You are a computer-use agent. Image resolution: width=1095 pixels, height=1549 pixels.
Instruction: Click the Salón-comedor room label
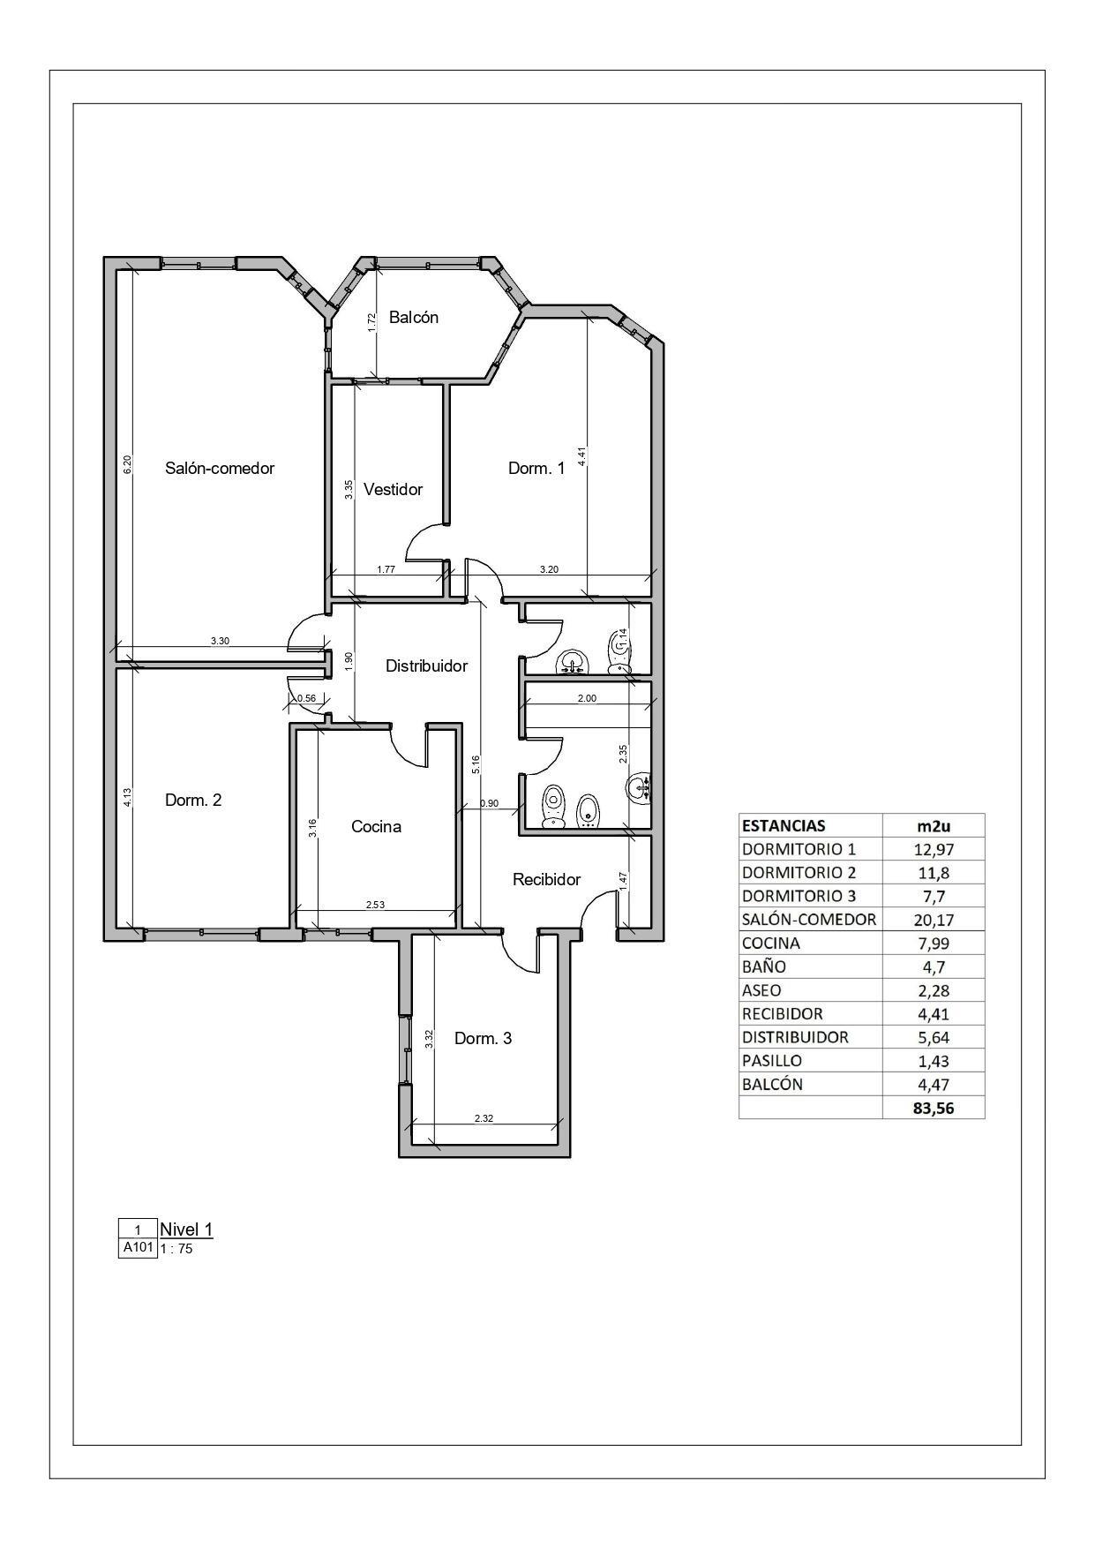pos(220,469)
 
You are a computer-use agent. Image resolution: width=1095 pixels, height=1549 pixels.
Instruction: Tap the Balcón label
pos(414,318)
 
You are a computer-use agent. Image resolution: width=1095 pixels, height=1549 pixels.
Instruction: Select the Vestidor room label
pos(393,489)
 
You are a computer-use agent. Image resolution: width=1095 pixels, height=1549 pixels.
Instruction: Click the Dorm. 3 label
pos(483,1039)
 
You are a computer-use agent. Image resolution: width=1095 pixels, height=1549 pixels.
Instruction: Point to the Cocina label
pos(376,827)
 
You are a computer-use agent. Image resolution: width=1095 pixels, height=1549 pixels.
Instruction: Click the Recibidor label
pos(546,880)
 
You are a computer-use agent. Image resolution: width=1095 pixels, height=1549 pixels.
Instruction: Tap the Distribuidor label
pos(426,666)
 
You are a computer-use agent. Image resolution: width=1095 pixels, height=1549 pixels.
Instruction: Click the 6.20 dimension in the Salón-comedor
pos(127,465)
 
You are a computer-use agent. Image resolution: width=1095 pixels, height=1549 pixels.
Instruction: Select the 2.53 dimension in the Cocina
pos(376,905)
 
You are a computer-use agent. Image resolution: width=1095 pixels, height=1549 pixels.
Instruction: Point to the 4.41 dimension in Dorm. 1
pos(581,455)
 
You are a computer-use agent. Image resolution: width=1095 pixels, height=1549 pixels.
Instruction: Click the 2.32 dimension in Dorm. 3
pos(484,1118)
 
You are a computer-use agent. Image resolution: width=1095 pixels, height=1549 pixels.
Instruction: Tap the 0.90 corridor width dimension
pos(489,803)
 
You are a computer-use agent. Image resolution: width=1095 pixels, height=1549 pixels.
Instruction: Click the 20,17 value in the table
pos(934,920)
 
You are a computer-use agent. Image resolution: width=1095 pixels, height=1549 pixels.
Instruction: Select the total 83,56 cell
pos(934,1109)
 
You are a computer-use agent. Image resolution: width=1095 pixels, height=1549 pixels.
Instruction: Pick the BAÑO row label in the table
pos(764,966)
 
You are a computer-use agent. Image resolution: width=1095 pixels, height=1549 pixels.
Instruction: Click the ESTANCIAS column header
pos(784,826)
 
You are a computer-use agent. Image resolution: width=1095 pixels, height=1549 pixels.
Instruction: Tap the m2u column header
pos(934,826)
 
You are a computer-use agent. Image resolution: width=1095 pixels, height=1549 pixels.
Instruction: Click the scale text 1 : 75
pos(176,1249)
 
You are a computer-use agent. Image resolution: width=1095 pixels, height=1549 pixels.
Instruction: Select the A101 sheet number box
pos(138,1248)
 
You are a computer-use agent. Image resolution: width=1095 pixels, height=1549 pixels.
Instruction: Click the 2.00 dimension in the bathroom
pos(587,698)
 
